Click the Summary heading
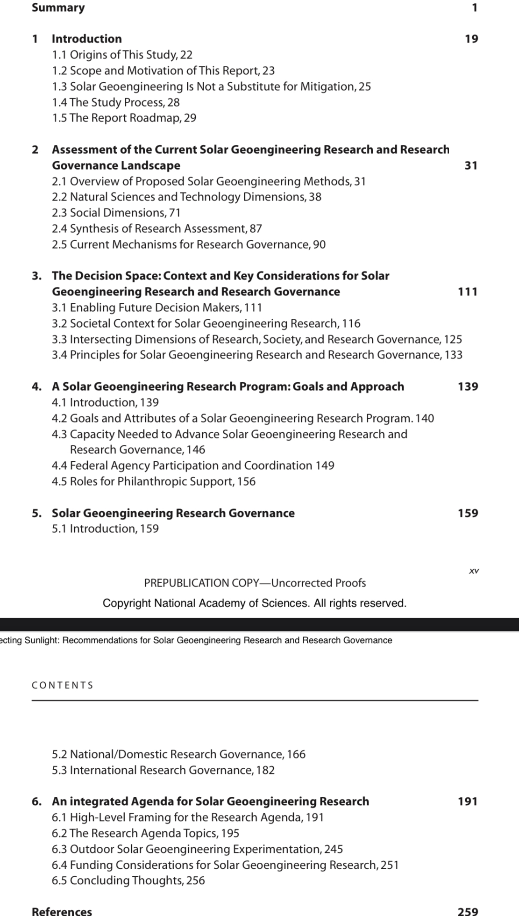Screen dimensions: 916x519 coord(58,8)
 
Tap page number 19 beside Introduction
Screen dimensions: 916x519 coord(471,39)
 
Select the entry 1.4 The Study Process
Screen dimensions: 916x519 coord(115,102)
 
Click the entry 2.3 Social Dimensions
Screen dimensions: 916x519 coord(116,213)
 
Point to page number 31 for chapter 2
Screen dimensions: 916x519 coord(471,165)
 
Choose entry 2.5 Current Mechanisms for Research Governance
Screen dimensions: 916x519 coord(188,244)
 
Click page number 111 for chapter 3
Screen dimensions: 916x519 coord(468,292)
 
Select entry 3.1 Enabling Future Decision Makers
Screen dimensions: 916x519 coord(156,308)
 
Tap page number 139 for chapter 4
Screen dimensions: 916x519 coord(468,386)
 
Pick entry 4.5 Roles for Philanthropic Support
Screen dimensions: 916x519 coord(153,481)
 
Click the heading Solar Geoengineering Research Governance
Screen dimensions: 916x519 coord(173,513)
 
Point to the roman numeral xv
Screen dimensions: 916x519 coord(474,571)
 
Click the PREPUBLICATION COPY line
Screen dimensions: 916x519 coord(255,583)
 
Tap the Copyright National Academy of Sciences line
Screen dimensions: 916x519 coord(255,603)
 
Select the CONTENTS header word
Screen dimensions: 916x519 coord(63,686)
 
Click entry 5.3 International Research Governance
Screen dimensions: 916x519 coord(163,770)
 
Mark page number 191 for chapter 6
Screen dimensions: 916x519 coord(468,801)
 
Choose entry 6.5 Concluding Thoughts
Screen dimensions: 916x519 coord(128,880)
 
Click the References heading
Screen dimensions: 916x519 coord(62,911)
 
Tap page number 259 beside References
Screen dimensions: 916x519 coord(468,911)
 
